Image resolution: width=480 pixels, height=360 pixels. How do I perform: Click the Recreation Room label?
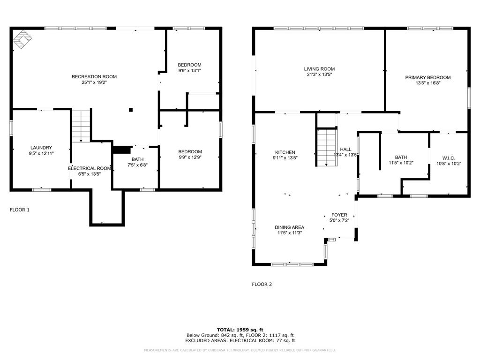click(94, 76)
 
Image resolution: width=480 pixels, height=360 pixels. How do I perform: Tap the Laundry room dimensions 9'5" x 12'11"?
click(41, 153)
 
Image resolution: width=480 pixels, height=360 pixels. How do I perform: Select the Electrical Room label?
click(89, 168)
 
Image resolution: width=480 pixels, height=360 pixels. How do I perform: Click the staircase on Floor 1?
click(81, 125)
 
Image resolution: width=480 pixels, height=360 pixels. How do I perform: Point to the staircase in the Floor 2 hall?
click(327, 147)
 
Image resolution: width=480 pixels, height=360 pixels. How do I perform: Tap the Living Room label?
click(319, 69)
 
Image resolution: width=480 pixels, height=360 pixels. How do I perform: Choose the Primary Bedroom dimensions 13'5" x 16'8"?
click(427, 83)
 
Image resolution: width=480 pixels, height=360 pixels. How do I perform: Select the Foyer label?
click(339, 215)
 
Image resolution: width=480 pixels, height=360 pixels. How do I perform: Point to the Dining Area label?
click(289, 227)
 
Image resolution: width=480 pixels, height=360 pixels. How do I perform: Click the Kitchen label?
click(285, 152)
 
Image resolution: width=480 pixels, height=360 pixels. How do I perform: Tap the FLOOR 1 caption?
click(20, 210)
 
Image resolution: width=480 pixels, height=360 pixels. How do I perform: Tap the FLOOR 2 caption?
click(262, 284)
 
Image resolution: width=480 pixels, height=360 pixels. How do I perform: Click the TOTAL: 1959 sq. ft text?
click(240, 330)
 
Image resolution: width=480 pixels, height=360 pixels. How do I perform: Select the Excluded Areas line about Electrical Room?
click(240, 341)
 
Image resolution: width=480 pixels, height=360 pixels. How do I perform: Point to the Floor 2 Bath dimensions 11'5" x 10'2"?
click(401, 163)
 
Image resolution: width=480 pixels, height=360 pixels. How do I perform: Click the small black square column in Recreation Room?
click(131, 110)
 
